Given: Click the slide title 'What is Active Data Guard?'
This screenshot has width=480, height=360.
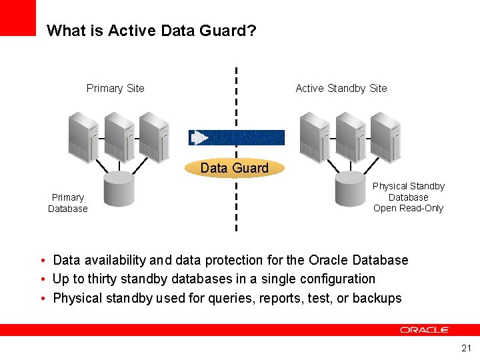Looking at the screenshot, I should tap(152, 31).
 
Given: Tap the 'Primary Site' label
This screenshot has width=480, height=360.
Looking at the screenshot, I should tap(115, 88).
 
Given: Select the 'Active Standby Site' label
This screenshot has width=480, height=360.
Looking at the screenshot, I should tap(341, 88).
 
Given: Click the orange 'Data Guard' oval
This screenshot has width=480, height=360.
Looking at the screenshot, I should tap(235, 168).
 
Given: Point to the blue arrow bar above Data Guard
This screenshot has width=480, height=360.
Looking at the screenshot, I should tap(237, 137).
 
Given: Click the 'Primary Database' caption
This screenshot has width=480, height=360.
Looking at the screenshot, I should tap(67, 203).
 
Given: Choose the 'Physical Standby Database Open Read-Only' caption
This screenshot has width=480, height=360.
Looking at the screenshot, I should tap(408, 197).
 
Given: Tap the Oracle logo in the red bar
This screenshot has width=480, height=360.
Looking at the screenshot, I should tap(425, 330).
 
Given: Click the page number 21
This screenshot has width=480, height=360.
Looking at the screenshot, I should tap(466, 348).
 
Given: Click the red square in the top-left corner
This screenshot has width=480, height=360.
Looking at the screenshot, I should tap(17, 17).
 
